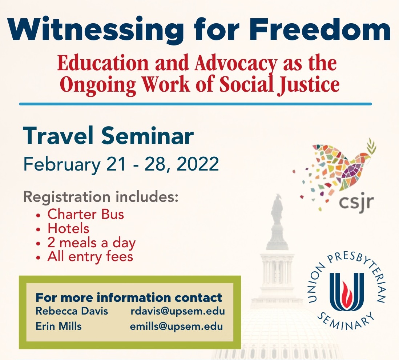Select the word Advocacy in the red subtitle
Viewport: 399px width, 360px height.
tap(236, 63)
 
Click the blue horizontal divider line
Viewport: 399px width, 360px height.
tap(196, 104)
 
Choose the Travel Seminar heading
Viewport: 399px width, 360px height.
tap(108, 136)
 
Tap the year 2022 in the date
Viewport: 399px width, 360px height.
tap(197, 164)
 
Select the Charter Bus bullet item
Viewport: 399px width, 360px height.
tap(85, 215)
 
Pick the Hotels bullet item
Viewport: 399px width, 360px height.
tap(68, 228)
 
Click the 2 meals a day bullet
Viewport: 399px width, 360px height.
tap(91, 243)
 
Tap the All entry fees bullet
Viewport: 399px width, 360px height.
tap(90, 256)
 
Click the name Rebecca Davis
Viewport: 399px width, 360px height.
tap(72, 311)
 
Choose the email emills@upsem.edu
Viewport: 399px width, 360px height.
tap(176, 327)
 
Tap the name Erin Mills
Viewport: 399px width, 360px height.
tap(59, 327)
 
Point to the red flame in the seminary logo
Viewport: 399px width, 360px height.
tap(347, 291)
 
